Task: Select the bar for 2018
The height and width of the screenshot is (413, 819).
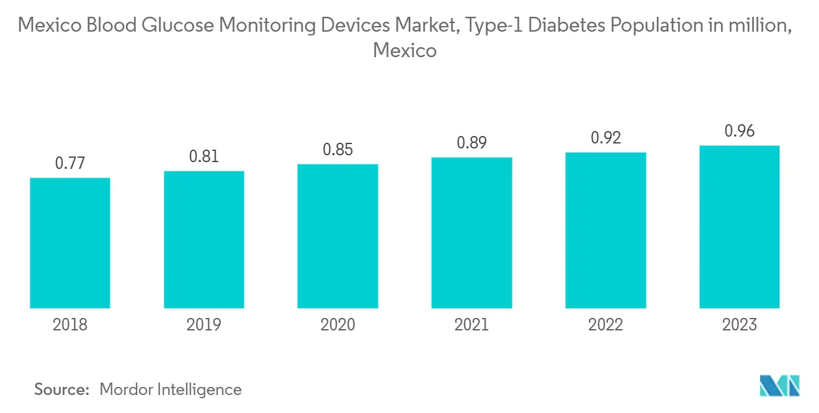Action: coord(70,243)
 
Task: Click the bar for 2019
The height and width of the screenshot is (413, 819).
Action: coord(204,240)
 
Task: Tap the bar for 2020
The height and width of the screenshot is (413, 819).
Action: coord(338,236)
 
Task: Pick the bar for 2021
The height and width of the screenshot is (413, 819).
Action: coord(472,233)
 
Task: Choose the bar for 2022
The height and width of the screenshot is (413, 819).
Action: coord(606,230)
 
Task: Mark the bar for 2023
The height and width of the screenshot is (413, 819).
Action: coord(740,227)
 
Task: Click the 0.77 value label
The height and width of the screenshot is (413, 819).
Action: coord(70,163)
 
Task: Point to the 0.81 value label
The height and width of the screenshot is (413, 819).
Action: coord(204,156)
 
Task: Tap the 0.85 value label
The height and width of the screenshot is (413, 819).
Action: coord(338,150)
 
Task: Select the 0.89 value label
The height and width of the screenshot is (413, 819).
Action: coord(472,143)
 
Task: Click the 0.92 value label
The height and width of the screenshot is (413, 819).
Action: coord(606,137)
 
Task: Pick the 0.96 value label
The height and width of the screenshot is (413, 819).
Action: coord(740,131)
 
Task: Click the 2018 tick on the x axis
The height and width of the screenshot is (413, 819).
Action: coord(70,324)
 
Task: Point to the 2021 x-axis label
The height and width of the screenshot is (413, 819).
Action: coord(472,324)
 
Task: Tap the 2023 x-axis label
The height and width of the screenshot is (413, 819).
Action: coord(740,324)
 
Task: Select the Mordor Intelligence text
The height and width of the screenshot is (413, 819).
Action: coord(171,389)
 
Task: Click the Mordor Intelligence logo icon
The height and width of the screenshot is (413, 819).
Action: coord(780,386)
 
